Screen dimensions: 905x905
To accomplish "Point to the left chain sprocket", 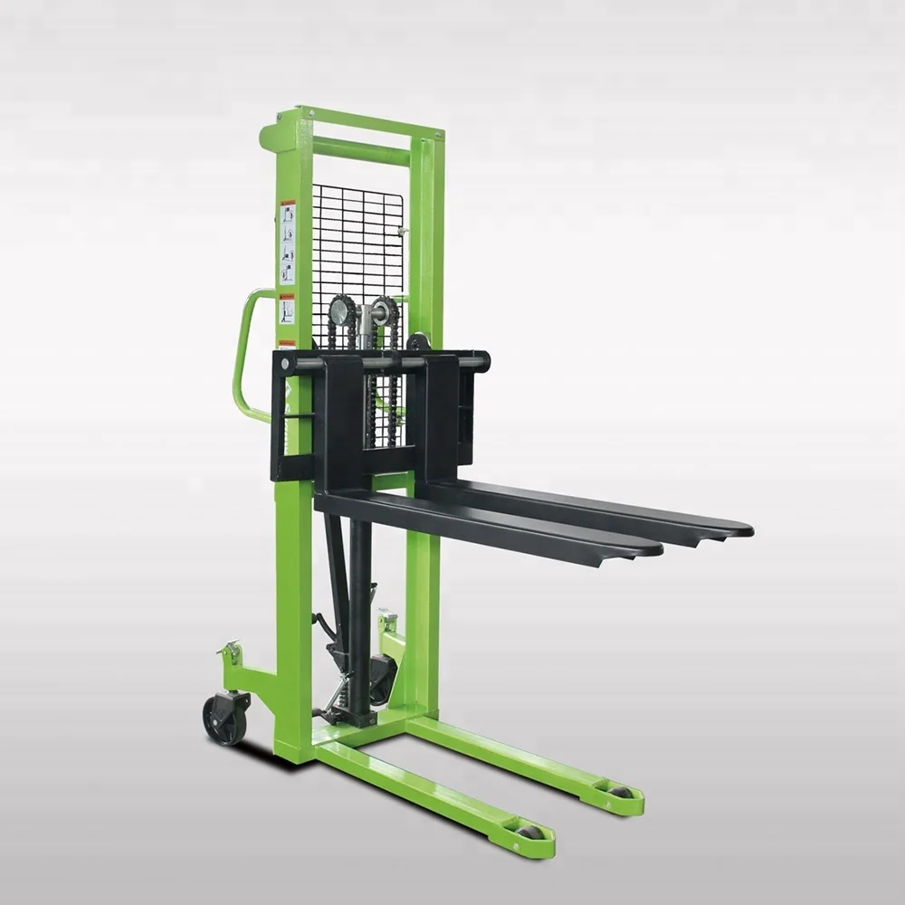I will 341,313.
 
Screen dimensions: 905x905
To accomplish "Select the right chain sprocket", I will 386,313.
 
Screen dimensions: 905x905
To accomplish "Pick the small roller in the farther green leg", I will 621,792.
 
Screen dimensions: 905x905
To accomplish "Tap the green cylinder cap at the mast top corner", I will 269,138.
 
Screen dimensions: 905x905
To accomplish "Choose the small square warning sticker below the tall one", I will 287,310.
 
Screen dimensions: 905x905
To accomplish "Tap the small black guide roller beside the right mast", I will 419,342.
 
